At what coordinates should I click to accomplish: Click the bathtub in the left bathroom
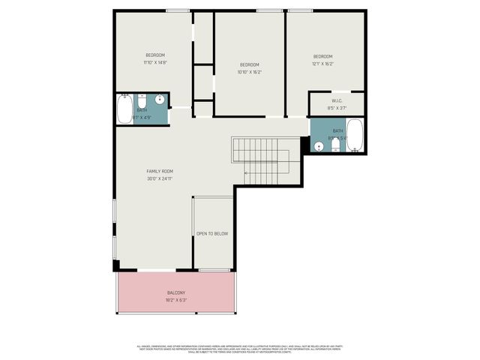[x=124, y=109]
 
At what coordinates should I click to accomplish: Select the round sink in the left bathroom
[x=160, y=99]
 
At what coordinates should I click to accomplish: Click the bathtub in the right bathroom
[x=354, y=135]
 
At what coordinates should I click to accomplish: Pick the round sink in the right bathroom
[x=319, y=146]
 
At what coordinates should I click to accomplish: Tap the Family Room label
[x=160, y=171]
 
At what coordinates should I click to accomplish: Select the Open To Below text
[x=212, y=234]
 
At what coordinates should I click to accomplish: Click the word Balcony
[x=175, y=292]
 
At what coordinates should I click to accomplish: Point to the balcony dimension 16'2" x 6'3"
[x=175, y=300]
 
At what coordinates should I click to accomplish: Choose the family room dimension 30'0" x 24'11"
[x=160, y=178]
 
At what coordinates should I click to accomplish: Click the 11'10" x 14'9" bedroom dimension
[x=155, y=63]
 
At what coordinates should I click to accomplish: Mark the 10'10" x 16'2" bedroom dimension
[x=249, y=72]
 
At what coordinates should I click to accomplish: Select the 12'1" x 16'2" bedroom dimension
[x=323, y=64]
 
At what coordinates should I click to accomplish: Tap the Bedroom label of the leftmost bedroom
[x=155, y=55]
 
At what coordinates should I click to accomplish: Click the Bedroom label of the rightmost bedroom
[x=323, y=57]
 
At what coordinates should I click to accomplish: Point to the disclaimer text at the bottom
[x=240, y=349]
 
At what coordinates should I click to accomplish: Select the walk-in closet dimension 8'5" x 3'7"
[x=337, y=109]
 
